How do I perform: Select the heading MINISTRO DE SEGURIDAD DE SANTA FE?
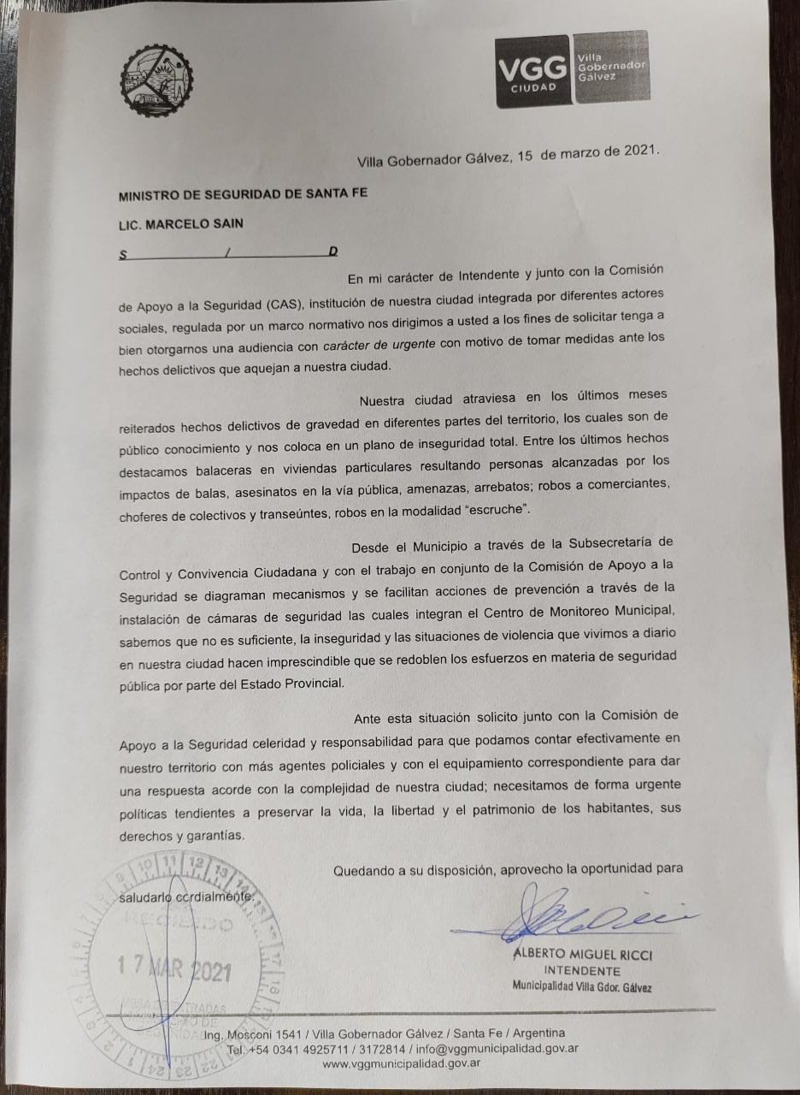(244, 193)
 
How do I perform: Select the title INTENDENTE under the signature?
(582, 971)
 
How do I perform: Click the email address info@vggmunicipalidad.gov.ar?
(497, 1049)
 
